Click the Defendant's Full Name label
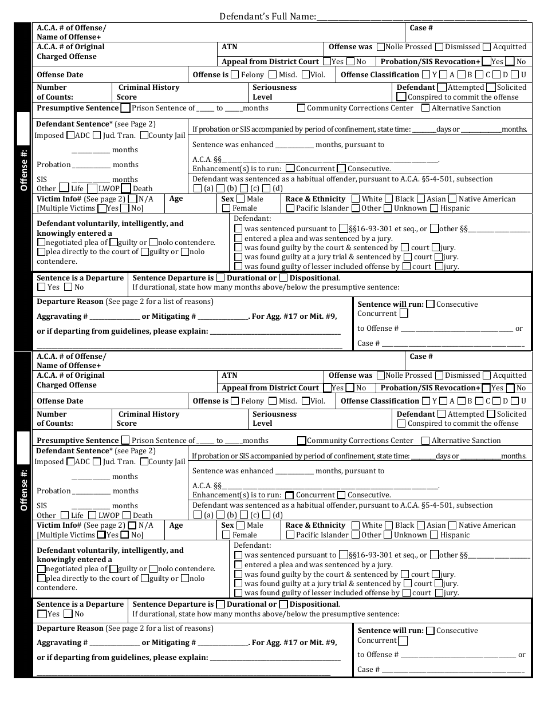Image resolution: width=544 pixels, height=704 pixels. point(267,17)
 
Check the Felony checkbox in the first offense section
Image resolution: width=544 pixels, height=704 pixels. point(235,74)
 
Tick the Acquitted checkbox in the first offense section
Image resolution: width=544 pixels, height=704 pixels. point(487,47)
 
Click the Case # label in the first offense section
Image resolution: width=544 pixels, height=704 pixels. point(421,27)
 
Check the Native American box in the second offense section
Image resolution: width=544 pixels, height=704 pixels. point(452,525)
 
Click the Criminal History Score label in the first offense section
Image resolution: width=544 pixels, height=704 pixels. point(148,92)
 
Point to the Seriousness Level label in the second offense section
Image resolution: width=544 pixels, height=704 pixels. point(274,418)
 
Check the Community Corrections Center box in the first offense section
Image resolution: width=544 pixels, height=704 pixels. point(301,108)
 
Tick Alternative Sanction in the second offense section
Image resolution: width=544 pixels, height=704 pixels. point(425,441)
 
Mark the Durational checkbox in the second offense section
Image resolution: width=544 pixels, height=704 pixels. point(220,604)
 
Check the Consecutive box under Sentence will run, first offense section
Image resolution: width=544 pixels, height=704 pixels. point(431,304)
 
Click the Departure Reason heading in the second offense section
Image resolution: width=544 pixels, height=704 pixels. point(70,628)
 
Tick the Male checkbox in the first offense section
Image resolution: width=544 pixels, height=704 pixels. point(241,199)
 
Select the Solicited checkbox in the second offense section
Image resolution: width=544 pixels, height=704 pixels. point(491,414)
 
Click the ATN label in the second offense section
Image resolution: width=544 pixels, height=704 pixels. point(229,375)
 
